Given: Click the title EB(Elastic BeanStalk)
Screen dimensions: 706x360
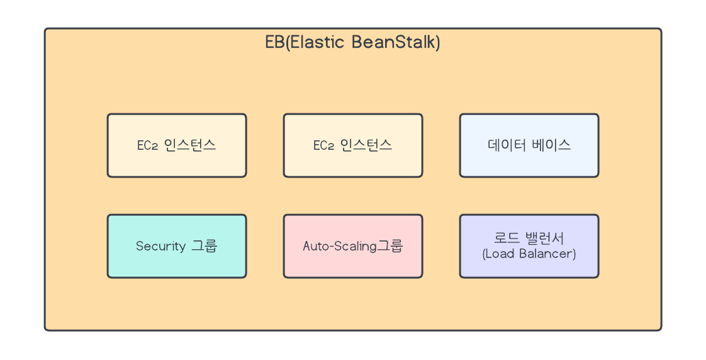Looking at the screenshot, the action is coord(352,43).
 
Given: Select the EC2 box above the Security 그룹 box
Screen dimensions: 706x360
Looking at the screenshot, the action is coord(177,145).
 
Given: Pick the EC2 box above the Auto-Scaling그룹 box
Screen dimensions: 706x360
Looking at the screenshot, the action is coord(353,145).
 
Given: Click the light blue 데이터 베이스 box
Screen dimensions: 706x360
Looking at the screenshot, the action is coord(529,145).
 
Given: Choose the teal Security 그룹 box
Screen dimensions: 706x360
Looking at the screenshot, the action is coord(177,246).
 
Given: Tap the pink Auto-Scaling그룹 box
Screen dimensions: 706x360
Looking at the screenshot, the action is coord(353,246).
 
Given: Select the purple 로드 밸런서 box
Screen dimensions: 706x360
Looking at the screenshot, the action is coord(529,246).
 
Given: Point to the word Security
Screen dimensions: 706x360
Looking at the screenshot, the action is coord(160,246).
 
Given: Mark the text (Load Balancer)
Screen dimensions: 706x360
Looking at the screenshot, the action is coord(529,254).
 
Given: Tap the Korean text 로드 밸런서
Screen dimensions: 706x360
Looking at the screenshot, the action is coord(529,239).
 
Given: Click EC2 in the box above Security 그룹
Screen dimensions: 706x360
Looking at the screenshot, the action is coord(147,146).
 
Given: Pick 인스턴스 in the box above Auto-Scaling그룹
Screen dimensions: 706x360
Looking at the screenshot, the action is coord(366,145).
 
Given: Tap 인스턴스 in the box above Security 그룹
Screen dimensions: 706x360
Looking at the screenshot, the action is coord(190,145).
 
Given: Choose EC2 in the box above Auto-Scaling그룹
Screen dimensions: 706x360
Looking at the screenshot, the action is coord(323,146).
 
